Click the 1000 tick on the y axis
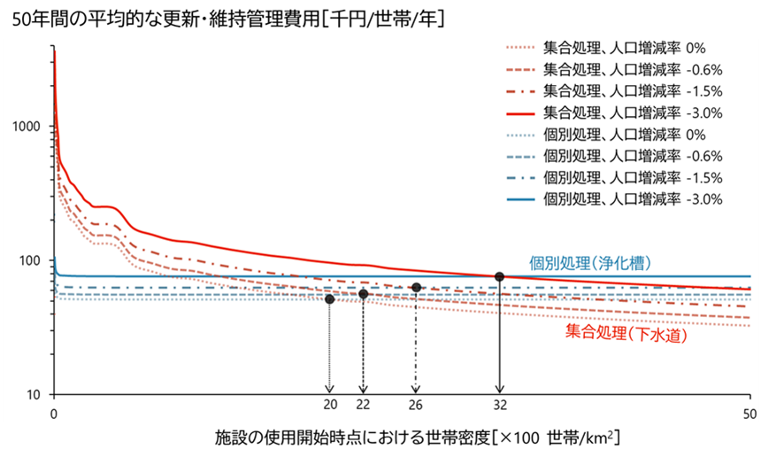click(x=29, y=126)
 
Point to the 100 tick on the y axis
click(x=33, y=260)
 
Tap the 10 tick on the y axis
click(x=36, y=394)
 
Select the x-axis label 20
click(x=330, y=406)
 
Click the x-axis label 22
click(x=363, y=406)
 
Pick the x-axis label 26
click(x=416, y=406)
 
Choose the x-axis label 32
click(x=499, y=406)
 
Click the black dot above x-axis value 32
click(x=499, y=276)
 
